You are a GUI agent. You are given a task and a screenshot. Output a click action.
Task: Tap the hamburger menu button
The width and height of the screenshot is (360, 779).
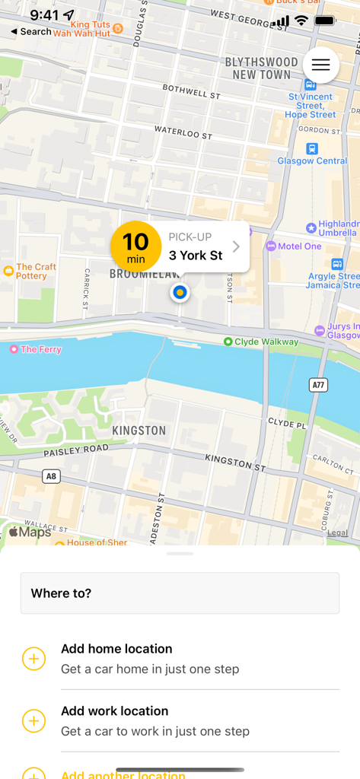pyautogui.click(x=320, y=65)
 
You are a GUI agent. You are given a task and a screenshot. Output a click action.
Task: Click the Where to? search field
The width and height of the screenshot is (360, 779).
pyautogui.click(x=180, y=593)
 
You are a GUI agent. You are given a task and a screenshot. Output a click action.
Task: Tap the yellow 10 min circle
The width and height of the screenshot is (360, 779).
pyautogui.click(x=135, y=246)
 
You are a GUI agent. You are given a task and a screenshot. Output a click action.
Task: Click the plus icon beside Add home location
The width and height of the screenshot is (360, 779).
pyautogui.click(x=34, y=659)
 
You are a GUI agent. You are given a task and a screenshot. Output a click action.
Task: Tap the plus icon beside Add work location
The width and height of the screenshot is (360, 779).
pyautogui.click(x=34, y=720)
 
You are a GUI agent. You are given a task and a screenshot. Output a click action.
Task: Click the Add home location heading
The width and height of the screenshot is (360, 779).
pyautogui.click(x=116, y=649)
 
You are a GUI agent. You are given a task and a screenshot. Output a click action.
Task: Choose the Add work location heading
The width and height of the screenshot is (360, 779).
pyautogui.click(x=115, y=711)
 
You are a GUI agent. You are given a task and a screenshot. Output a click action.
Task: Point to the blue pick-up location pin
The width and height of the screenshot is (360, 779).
pyautogui.click(x=180, y=291)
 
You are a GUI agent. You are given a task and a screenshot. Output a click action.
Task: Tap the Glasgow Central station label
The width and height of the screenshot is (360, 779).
pyautogui.click(x=312, y=161)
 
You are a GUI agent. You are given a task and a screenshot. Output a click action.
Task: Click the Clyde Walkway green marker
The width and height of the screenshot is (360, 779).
pyautogui.click(x=228, y=342)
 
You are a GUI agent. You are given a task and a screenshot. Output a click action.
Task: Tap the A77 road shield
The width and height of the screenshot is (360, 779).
pyautogui.click(x=319, y=386)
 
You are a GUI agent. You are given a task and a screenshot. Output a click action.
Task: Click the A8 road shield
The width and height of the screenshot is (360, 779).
pyautogui.click(x=51, y=476)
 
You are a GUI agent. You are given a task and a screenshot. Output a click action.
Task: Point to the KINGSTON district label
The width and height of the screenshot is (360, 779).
pyautogui.click(x=139, y=431)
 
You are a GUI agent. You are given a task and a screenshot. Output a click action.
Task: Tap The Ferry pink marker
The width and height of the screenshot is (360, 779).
pyautogui.click(x=13, y=349)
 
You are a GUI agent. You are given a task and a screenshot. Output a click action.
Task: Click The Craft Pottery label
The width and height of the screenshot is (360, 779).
pyautogui.click(x=36, y=272)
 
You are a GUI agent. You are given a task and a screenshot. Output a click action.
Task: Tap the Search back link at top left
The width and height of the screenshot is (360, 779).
pyautogui.click(x=31, y=32)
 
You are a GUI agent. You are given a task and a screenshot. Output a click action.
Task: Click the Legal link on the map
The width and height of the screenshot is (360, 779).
pyautogui.click(x=337, y=533)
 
